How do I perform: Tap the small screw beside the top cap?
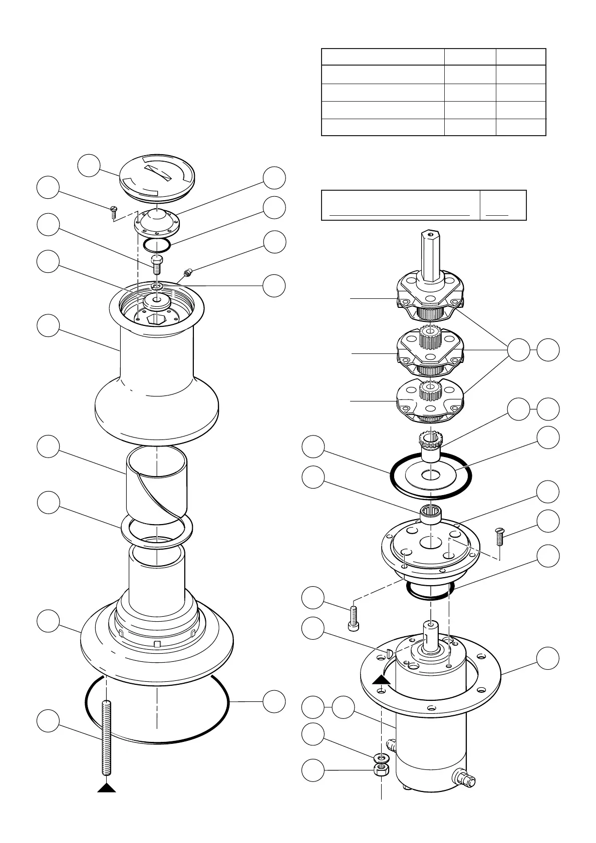[x=113, y=212]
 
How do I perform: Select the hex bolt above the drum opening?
[x=157, y=262]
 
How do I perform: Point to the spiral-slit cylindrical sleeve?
[x=157, y=483]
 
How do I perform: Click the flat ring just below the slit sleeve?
[x=157, y=531]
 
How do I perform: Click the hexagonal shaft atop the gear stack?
[x=430, y=255]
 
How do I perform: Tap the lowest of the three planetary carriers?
[x=430, y=400]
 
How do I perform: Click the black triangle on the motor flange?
[x=381, y=679]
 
